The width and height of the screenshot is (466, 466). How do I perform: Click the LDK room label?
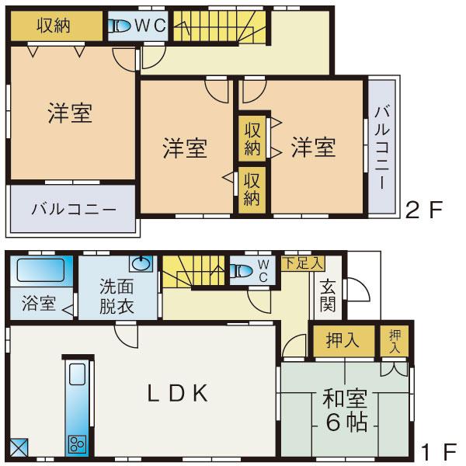point(178,394)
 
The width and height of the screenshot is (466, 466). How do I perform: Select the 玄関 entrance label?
point(327,295)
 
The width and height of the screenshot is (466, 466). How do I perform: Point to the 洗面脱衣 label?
point(116,294)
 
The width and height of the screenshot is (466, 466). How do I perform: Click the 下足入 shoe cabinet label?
point(302,263)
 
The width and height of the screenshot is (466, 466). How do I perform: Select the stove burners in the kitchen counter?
point(77,443)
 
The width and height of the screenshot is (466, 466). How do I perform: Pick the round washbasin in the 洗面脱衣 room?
point(141,263)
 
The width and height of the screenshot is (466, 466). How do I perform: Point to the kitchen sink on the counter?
point(77,377)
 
